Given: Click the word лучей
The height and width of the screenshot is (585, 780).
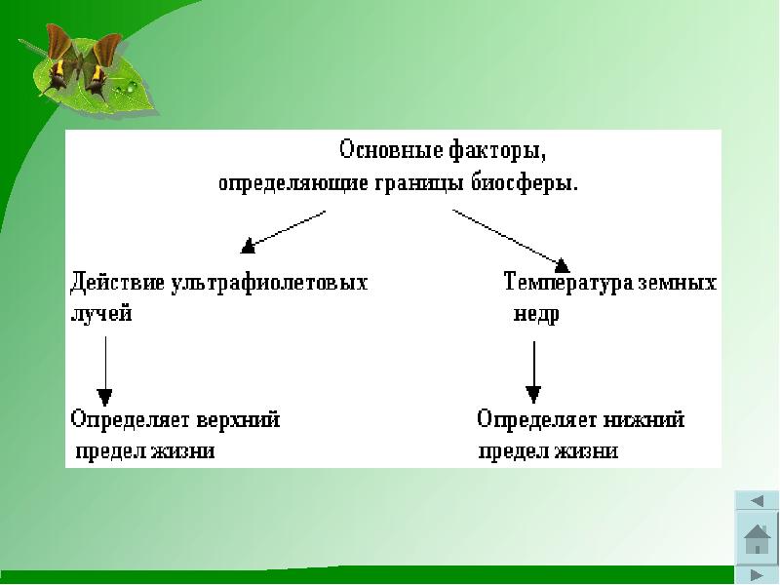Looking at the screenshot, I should tap(100, 315).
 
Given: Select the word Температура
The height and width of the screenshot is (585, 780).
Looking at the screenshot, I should tap(567, 283).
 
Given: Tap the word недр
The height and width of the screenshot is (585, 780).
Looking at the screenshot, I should tap(536, 315).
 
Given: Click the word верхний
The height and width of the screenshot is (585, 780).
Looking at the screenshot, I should tap(238, 419).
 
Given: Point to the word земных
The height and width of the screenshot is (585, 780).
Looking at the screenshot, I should tap(677, 283).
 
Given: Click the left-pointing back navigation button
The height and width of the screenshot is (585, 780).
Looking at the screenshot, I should tap(757, 501).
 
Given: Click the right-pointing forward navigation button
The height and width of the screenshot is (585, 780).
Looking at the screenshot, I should tap(757, 575).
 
